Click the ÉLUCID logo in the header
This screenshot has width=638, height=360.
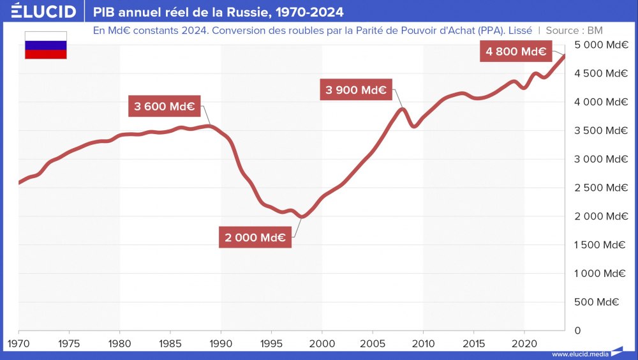pyautogui.click(x=43, y=11)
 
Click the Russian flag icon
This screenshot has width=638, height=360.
pyautogui.click(x=46, y=45)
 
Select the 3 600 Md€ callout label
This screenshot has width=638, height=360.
pyautogui.click(x=165, y=106)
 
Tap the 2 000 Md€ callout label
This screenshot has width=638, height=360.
pyautogui.click(x=255, y=237)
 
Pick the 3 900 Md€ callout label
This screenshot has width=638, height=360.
pyautogui.click(x=356, y=90)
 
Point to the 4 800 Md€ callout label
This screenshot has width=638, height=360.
pyautogui.click(x=516, y=52)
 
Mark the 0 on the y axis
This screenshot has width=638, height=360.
pyautogui.click(x=577, y=331)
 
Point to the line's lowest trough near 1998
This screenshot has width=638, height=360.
pyautogui.click(x=302, y=216)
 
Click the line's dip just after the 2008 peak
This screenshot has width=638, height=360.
pyautogui.click(x=414, y=126)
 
